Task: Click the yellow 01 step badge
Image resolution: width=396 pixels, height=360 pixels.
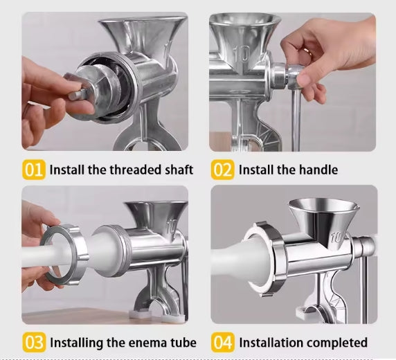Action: pyautogui.click(x=34, y=170)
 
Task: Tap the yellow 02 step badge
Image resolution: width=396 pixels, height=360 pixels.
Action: pyautogui.click(x=223, y=170)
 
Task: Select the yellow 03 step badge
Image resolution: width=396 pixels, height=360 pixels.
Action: pyautogui.click(x=35, y=343)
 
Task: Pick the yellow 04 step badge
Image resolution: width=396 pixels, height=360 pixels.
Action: pyautogui.click(x=223, y=343)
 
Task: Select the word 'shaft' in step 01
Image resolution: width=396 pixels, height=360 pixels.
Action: pyautogui.click(x=179, y=170)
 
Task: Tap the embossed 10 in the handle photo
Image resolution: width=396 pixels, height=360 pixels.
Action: pyautogui.click(x=242, y=54)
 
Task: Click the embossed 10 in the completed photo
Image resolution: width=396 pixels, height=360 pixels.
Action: pyautogui.click(x=336, y=237)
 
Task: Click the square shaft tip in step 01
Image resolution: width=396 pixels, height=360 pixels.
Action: pyautogui.click(x=75, y=94)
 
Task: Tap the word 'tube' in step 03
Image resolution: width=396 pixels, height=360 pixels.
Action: pyautogui.click(x=183, y=343)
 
